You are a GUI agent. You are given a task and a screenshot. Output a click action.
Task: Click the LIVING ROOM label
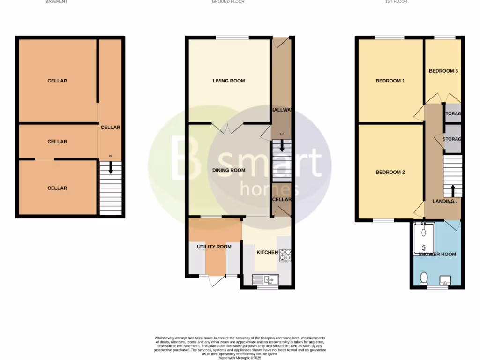[x=229, y=81]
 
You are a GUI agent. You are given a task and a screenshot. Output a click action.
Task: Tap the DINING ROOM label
[x=229, y=170]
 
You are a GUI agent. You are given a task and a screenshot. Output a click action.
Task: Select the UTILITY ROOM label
[x=214, y=247]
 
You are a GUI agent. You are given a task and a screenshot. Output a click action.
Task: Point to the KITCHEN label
[x=267, y=252]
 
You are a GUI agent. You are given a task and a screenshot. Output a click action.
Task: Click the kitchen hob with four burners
[x=285, y=255]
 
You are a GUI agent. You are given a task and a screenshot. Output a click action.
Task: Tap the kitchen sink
[x=265, y=280]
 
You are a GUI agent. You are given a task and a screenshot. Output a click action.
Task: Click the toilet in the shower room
[x=424, y=278]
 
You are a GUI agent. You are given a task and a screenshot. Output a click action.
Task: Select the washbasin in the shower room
[x=445, y=281]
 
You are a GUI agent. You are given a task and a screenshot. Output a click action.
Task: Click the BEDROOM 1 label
[x=390, y=81]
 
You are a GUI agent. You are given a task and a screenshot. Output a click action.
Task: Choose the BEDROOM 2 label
[x=390, y=172]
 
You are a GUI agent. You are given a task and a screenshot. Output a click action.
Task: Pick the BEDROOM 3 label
[x=443, y=71]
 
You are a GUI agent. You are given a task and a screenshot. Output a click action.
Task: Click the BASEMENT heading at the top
[x=56, y=2]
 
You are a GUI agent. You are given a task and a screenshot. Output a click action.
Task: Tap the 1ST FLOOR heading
[x=396, y=2]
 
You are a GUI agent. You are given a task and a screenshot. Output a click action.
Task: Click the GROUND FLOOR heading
[x=228, y=2]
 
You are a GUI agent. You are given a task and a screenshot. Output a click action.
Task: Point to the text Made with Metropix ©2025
[x=240, y=358]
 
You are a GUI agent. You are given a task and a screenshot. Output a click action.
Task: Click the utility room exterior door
[x=216, y=280]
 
